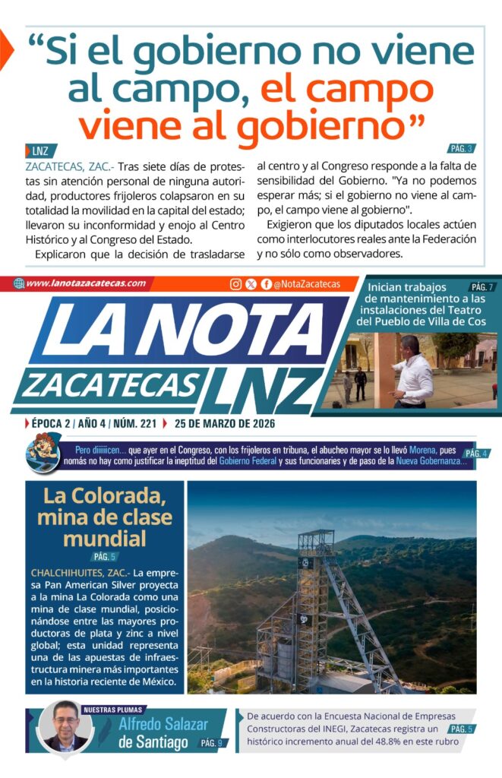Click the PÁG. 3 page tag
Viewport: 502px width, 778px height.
tap(461, 149)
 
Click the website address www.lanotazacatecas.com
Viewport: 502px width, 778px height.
tap(85, 283)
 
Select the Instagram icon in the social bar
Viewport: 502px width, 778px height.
tap(236, 284)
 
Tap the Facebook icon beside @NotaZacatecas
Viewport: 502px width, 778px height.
tap(266, 284)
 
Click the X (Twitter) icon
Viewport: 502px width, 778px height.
tap(251, 284)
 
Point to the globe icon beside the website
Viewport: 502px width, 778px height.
tap(19, 283)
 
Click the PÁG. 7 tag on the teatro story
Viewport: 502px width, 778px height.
tap(481, 287)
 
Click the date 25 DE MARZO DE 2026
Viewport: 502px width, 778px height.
tap(224, 423)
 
